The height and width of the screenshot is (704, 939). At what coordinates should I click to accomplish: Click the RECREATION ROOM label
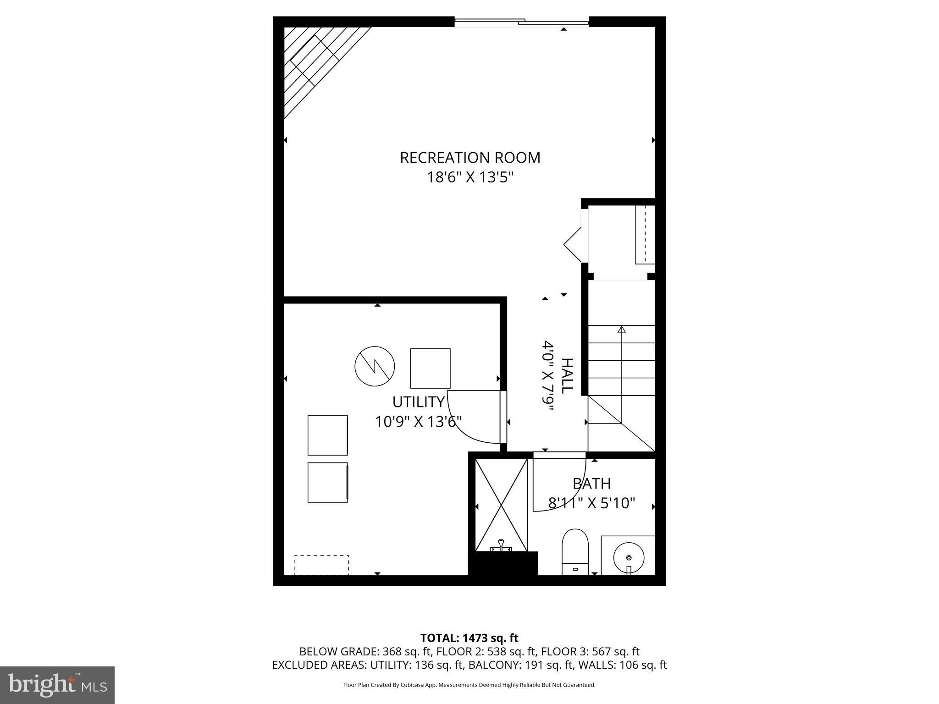click(x=470, y=158)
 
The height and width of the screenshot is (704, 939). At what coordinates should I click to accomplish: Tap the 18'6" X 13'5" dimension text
click(x=470, y=177)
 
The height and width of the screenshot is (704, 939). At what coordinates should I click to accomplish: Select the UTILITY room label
click(x=418, y=402)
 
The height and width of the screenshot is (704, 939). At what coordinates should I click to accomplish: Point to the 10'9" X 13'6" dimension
click(x=418, y=422)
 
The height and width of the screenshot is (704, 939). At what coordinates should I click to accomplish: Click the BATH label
click(x=591, y=484)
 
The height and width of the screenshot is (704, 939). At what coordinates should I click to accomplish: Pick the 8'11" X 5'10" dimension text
click(x=591, y=503)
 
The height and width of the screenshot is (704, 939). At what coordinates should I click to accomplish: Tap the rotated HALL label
click(x=567, y=375)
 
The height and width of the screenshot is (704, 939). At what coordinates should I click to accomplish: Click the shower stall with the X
click(x=501, y=505)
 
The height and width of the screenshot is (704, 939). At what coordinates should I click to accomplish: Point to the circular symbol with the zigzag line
click(x=375, y=366)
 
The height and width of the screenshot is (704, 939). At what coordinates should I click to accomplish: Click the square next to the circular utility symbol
click(x=430, y=368)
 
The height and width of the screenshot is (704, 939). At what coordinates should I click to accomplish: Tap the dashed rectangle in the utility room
click(x=321, y=565)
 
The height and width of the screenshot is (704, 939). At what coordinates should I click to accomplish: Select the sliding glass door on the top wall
click(x=521, y=22)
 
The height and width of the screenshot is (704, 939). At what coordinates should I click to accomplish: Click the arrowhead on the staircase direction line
click(x=621, y=329)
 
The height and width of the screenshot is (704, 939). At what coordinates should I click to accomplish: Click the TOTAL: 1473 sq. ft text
click(x=469, y=638)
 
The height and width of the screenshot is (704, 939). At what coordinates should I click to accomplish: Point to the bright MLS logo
click(x=57, y=685)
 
